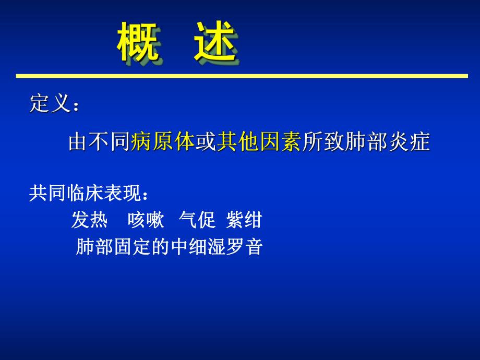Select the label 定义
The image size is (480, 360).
coord(50,104)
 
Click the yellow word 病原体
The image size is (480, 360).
coord(162,142)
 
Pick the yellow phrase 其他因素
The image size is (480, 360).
coord(259,142)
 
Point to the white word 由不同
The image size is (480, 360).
coord(99,142)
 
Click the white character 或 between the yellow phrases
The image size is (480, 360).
coord(206,142)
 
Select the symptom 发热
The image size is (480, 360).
coord(89,221)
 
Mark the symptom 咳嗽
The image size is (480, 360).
coord(146,221)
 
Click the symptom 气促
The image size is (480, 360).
coord(197,221)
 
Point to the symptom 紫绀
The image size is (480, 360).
coord(244,221)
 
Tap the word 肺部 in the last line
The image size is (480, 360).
coord(94,247)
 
